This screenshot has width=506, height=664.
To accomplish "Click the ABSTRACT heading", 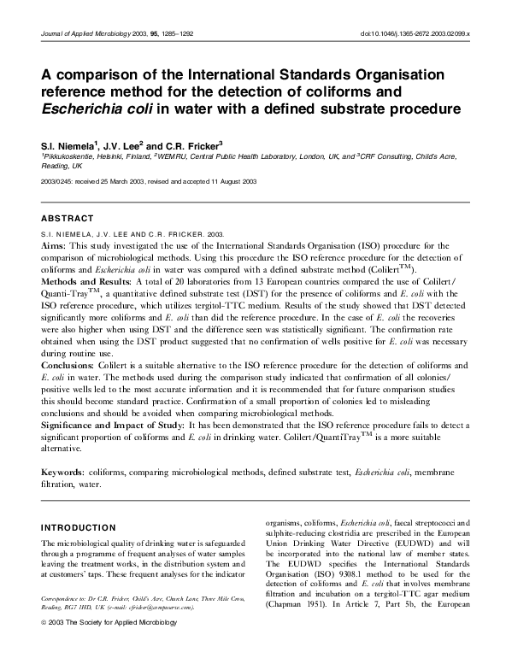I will pyautogui.click(x=68, y=219).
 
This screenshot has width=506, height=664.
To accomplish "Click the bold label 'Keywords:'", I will pyautogui.click(x=63, y=472).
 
